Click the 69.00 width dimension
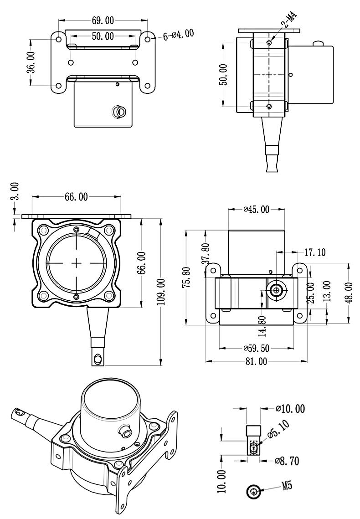pos(103,21)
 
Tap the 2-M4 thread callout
pos(290,21)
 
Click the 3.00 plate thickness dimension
pos(15,191)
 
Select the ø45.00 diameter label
pos(256,209)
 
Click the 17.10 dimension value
pos(314,252)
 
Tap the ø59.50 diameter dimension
pos(256,349)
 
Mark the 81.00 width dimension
pos(256,361)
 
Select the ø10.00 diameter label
pos(290,409)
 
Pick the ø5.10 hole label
pos(276,429)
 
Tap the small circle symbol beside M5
pos(253,491)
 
